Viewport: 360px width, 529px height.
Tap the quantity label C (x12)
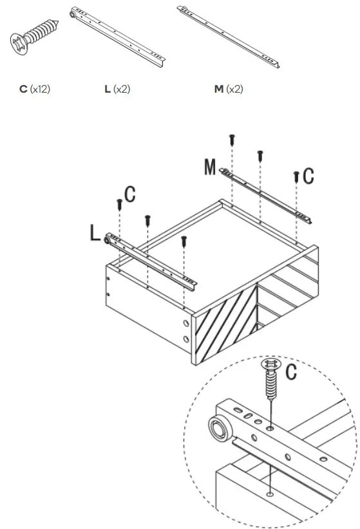click(x=34, y=89)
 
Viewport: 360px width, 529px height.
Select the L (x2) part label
click(x=117, y=89)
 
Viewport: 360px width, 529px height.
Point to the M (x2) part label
click(x=229, y=89)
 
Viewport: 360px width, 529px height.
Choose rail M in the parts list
click(x=229, y=37)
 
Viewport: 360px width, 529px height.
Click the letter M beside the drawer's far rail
click(x=209, y=167)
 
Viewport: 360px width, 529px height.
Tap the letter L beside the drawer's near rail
click(x=95, y=233)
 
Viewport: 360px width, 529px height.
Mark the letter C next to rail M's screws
click(x=308, y=175)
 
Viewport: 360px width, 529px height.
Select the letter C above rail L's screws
click(x=129, y=195)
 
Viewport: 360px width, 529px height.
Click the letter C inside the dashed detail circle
click(x=291, y=371)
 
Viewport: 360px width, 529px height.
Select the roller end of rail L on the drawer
click(x=109, y=240)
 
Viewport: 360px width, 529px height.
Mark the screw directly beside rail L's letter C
click(x=119, y=205)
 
